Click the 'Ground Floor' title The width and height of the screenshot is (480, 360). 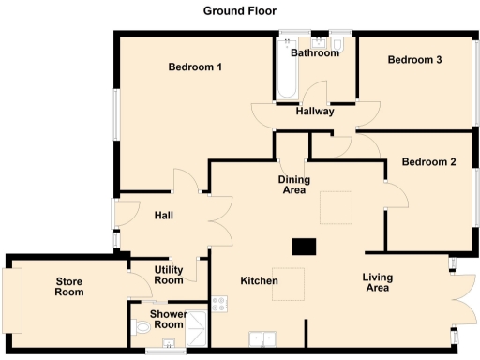pos(239,11)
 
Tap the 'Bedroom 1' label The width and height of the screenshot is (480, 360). pos(195,67)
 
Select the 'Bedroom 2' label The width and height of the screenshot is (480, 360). pos(428,162)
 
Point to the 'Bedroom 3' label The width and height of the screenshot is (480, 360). pos(414,60)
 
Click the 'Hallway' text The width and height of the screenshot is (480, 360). pos(315,112)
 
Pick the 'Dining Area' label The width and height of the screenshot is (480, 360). pos(294,185)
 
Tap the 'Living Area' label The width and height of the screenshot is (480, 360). pos(379,283)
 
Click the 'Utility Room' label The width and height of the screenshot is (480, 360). pos(169,275)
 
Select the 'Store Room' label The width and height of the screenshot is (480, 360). pos(69,286)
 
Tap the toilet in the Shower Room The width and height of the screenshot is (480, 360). pos(141,329)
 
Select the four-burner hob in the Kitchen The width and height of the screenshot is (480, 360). pos(220,304)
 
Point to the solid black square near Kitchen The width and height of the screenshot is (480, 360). pos(304,247)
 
